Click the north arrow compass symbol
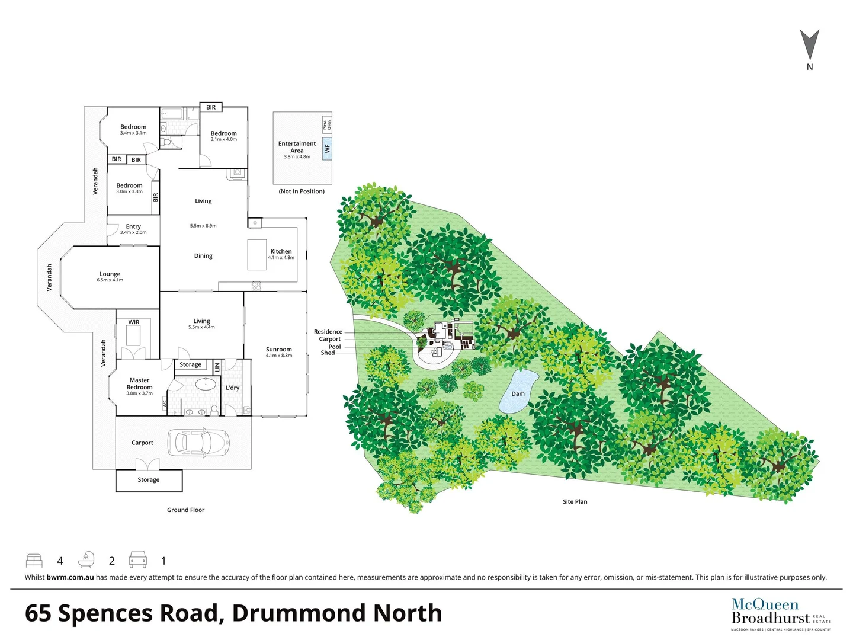click(809, 46)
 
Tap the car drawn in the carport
click(198, 442)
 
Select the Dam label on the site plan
click(518, 393)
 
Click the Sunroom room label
click(278, 350)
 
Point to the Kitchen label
click(281, 251)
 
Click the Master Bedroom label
click(139, 384)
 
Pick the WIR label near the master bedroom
click(134, 322)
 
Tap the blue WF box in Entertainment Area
click(327, 149)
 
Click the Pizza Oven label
click(326, 125)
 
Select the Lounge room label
click(110, 274)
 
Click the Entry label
click(133, 226)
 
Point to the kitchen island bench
click(256, 254)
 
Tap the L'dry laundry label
click(232, 388)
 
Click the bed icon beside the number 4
click(34, 561)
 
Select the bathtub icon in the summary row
click(86, 560)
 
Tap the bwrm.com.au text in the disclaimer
click(70, 577)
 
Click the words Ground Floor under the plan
click(185, 510)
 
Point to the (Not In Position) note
click(302, 191)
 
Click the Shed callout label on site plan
click(328, 353)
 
